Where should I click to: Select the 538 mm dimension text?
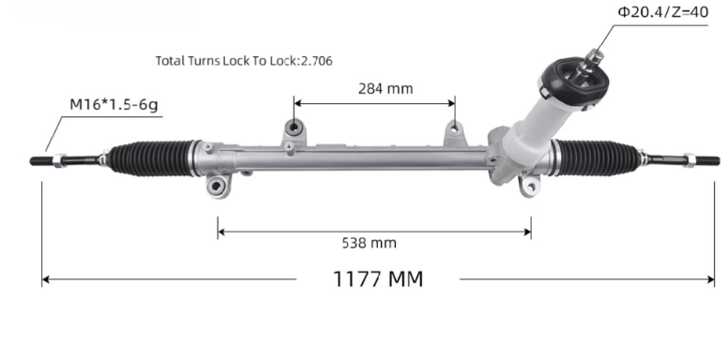(369, 243)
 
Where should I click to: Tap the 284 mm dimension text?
(386, 89)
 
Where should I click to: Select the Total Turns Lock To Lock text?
(244, 60)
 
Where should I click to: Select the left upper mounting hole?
(294, 127)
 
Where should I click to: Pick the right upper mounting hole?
(455, 128)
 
